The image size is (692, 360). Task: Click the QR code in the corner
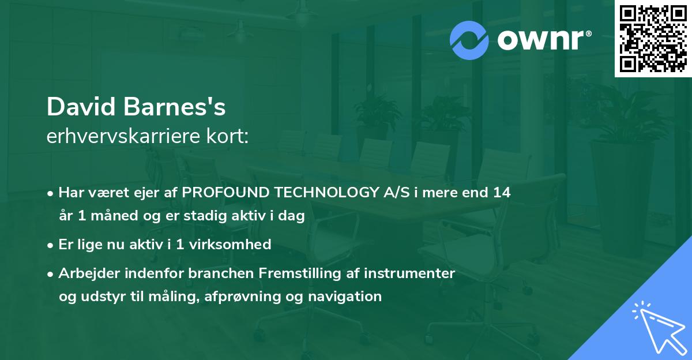(x=653, y=38)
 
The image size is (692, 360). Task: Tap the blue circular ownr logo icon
(x=469, y=40)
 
